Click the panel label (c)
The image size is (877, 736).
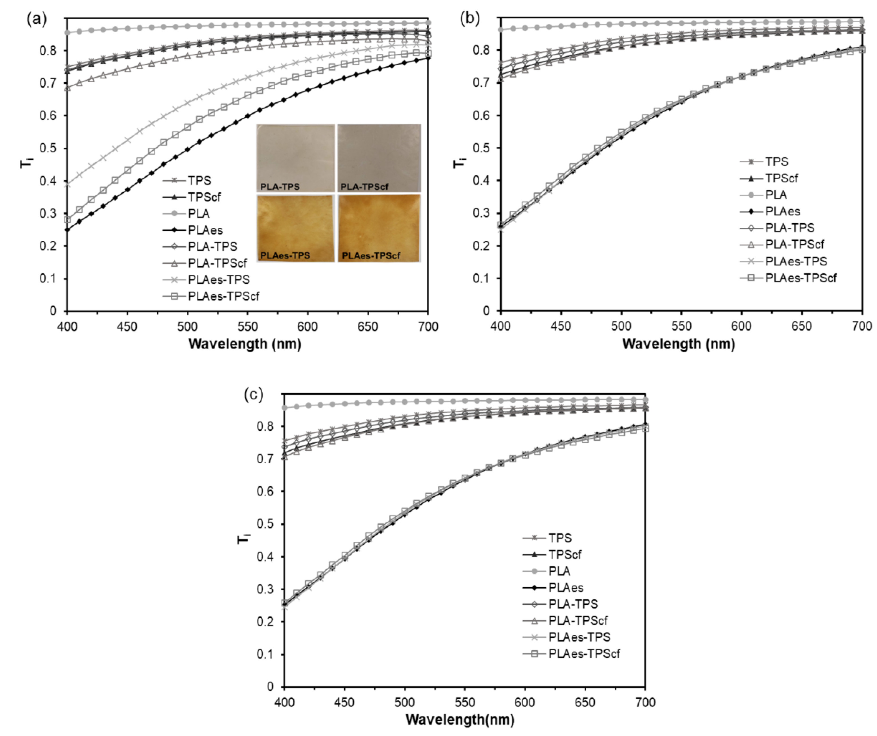(x=254, y=395)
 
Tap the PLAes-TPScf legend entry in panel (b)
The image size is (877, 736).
(x=800, y=277)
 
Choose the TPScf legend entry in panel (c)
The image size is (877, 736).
(x=565, y=554)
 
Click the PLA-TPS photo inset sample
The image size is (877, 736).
(x=296, y=158)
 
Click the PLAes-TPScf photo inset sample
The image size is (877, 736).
(x=379, y=228)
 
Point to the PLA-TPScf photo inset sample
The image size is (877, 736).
(x=379, y=158)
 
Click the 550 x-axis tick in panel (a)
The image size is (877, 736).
(x=247, y=326)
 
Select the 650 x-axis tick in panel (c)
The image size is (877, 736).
(x=585, y=702)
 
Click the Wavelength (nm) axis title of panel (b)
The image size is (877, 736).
(x=678, y=344)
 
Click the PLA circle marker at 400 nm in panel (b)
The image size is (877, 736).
(x=500, y=30)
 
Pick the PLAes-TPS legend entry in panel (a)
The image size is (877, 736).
(x=218, y=279)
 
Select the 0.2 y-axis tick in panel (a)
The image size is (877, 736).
(x=48, y=246)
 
